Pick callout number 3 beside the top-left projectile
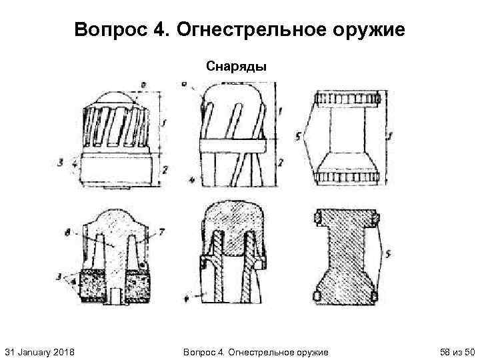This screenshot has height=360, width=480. tap(61, 161)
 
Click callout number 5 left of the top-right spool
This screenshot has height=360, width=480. tap(298, 137)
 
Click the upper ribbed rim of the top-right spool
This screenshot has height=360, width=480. tap(347, 99)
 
